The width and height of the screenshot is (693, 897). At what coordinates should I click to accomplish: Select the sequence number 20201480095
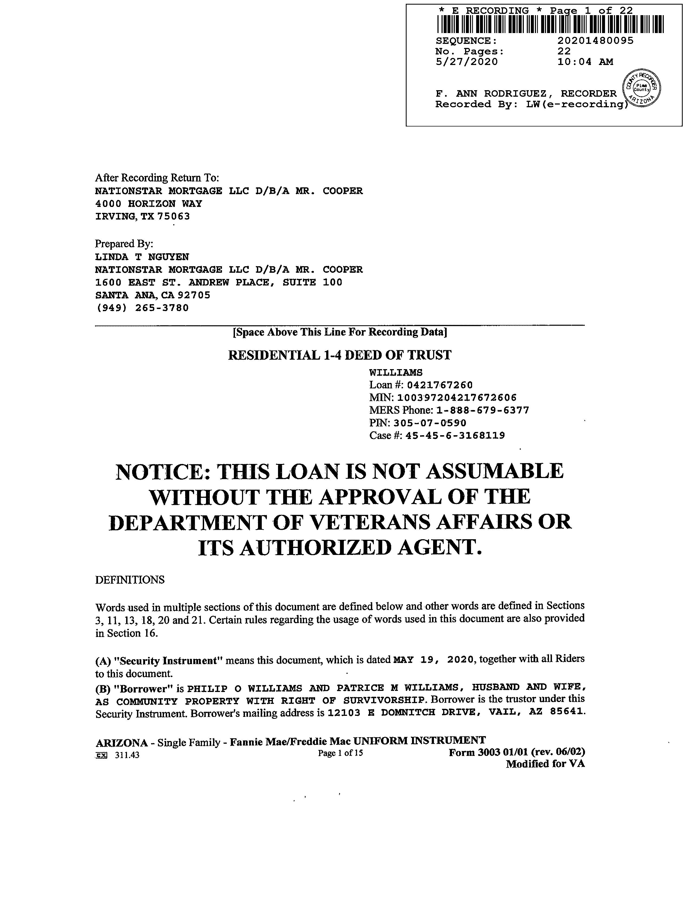(595, 41)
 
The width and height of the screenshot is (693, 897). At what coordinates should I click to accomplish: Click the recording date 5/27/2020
(466, 62)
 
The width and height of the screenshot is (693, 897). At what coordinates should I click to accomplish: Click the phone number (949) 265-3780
(142, 308)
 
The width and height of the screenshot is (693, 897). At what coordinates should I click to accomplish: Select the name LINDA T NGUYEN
(142, 257)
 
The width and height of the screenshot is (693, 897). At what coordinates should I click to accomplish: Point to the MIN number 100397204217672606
(456, 398)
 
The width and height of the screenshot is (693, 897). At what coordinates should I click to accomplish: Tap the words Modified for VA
(545, 764)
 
